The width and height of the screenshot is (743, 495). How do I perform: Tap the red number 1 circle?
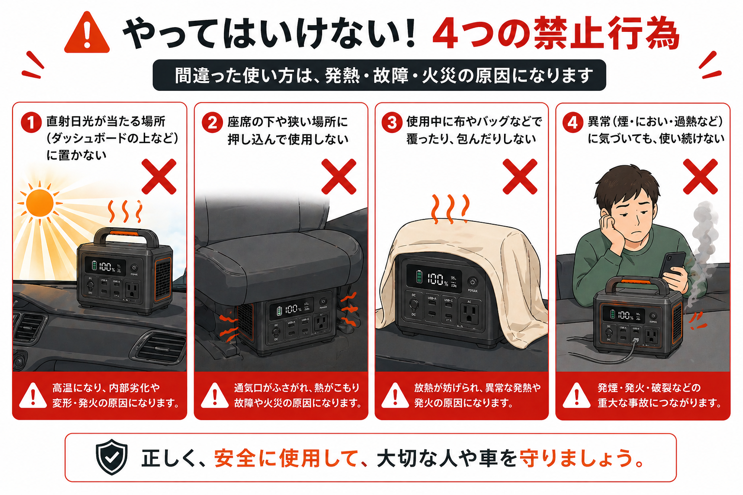pos(30,122)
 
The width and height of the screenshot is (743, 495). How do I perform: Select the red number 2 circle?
pos(212,122)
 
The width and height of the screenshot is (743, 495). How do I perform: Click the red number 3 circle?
pos(392,122)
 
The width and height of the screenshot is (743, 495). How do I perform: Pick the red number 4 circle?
pos(572,122)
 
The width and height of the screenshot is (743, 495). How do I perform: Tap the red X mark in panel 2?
pos(339,176)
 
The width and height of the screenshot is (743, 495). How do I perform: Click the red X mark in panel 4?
pos(700,177)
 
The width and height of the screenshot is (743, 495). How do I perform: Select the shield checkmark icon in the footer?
pos(112,457)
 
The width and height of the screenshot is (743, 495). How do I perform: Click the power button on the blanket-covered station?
pos(472,282)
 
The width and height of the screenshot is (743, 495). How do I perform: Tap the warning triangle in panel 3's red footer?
pos(395,395)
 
